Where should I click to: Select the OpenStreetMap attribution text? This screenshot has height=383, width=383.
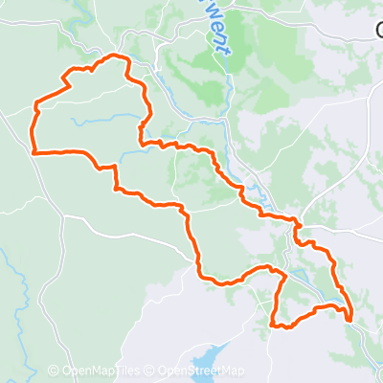coord(201,372)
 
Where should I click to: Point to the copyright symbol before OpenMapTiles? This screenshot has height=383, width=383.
coord(54,372)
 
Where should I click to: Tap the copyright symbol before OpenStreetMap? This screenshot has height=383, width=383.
coord(149,372)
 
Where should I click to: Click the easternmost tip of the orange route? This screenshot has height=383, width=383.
coord(351,316)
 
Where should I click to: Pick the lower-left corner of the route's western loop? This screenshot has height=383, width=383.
coord(34,151)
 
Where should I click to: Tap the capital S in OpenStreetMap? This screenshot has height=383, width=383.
coord(199,372)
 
